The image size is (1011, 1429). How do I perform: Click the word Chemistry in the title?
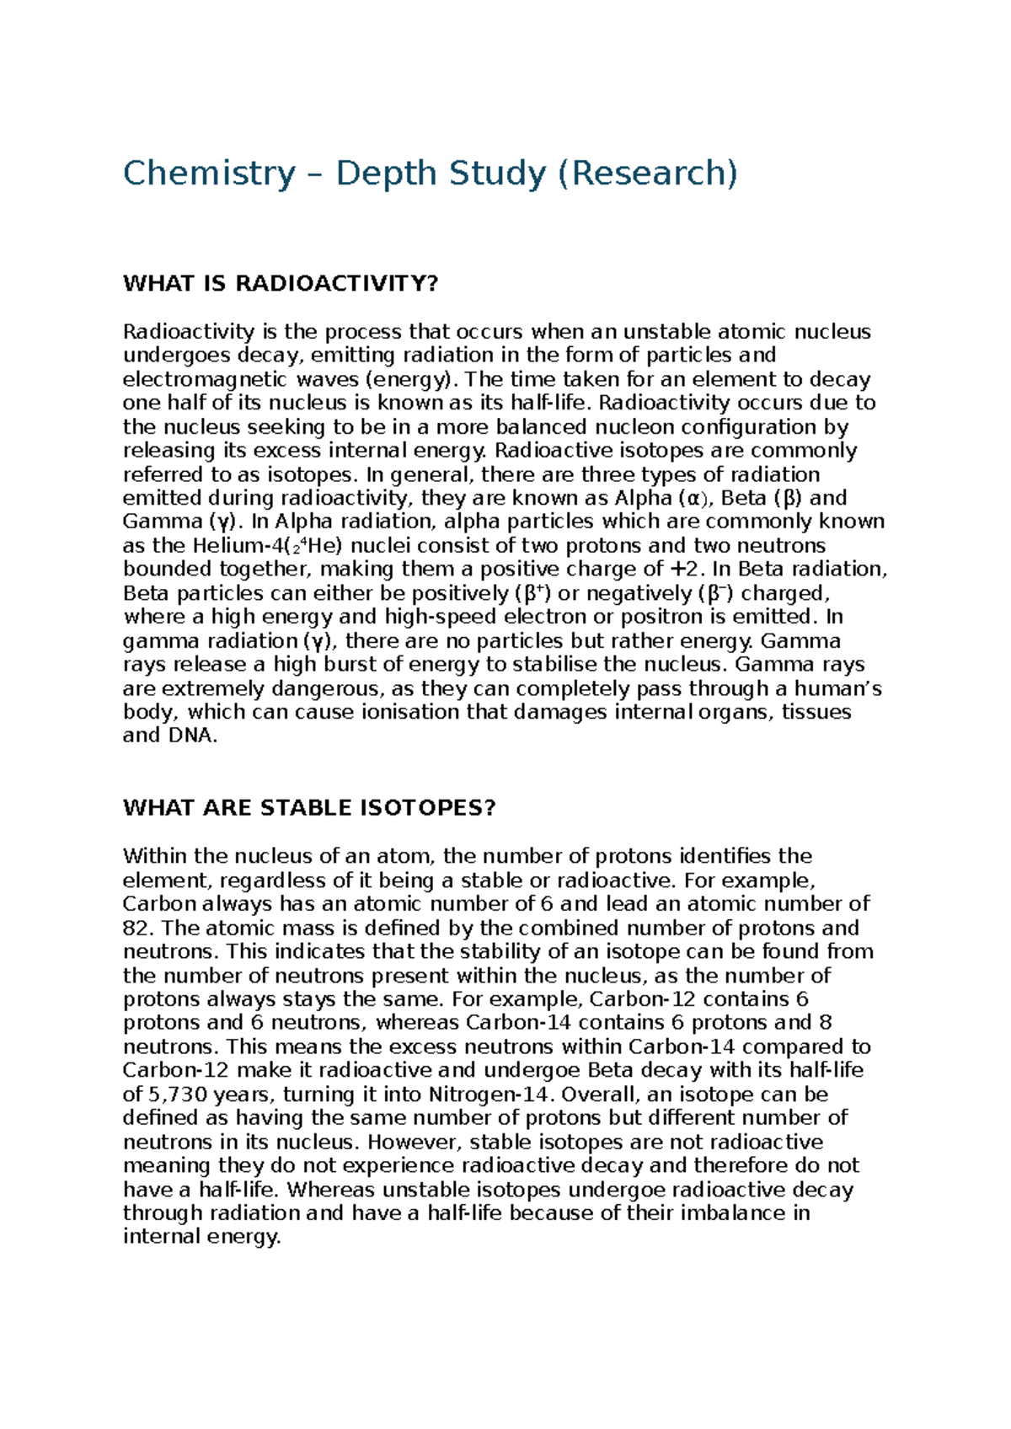click(x=209, y=174)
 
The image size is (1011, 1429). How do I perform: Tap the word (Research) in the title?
click(x=646, y=174)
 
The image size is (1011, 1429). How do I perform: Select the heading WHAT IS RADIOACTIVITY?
click(x=281, y=283)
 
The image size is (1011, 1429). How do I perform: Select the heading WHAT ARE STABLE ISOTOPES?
click(x=309, y=808)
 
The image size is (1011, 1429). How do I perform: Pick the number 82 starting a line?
click(x=136, y=929)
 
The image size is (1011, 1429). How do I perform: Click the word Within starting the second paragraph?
click(x=154, y=857)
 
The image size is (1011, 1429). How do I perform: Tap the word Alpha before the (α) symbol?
click(x=645, y=498)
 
